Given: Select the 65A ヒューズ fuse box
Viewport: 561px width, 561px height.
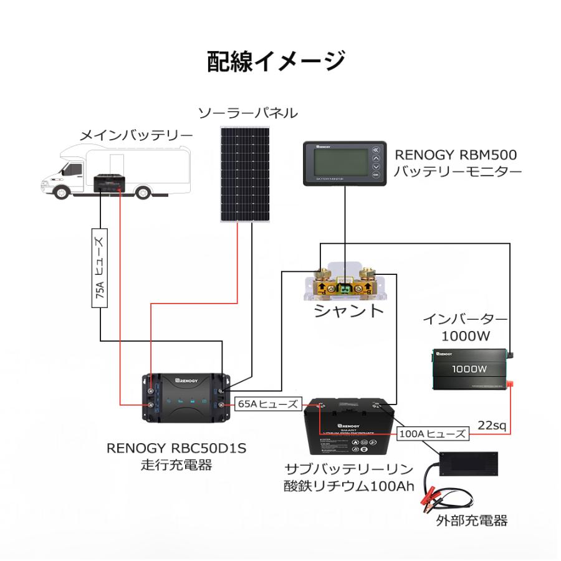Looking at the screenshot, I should [x=267, y=403].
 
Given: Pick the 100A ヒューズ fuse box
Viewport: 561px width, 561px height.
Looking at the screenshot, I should [x=432, y=433].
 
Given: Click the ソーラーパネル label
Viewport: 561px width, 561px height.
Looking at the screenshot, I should [x=247, y=113].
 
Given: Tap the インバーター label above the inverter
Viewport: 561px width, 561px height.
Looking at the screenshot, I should [x=464, y=320].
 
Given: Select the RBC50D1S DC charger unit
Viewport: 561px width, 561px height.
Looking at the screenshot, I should [x=186, y=399].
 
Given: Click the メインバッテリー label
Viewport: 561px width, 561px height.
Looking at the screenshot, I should [x=137, y=135].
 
